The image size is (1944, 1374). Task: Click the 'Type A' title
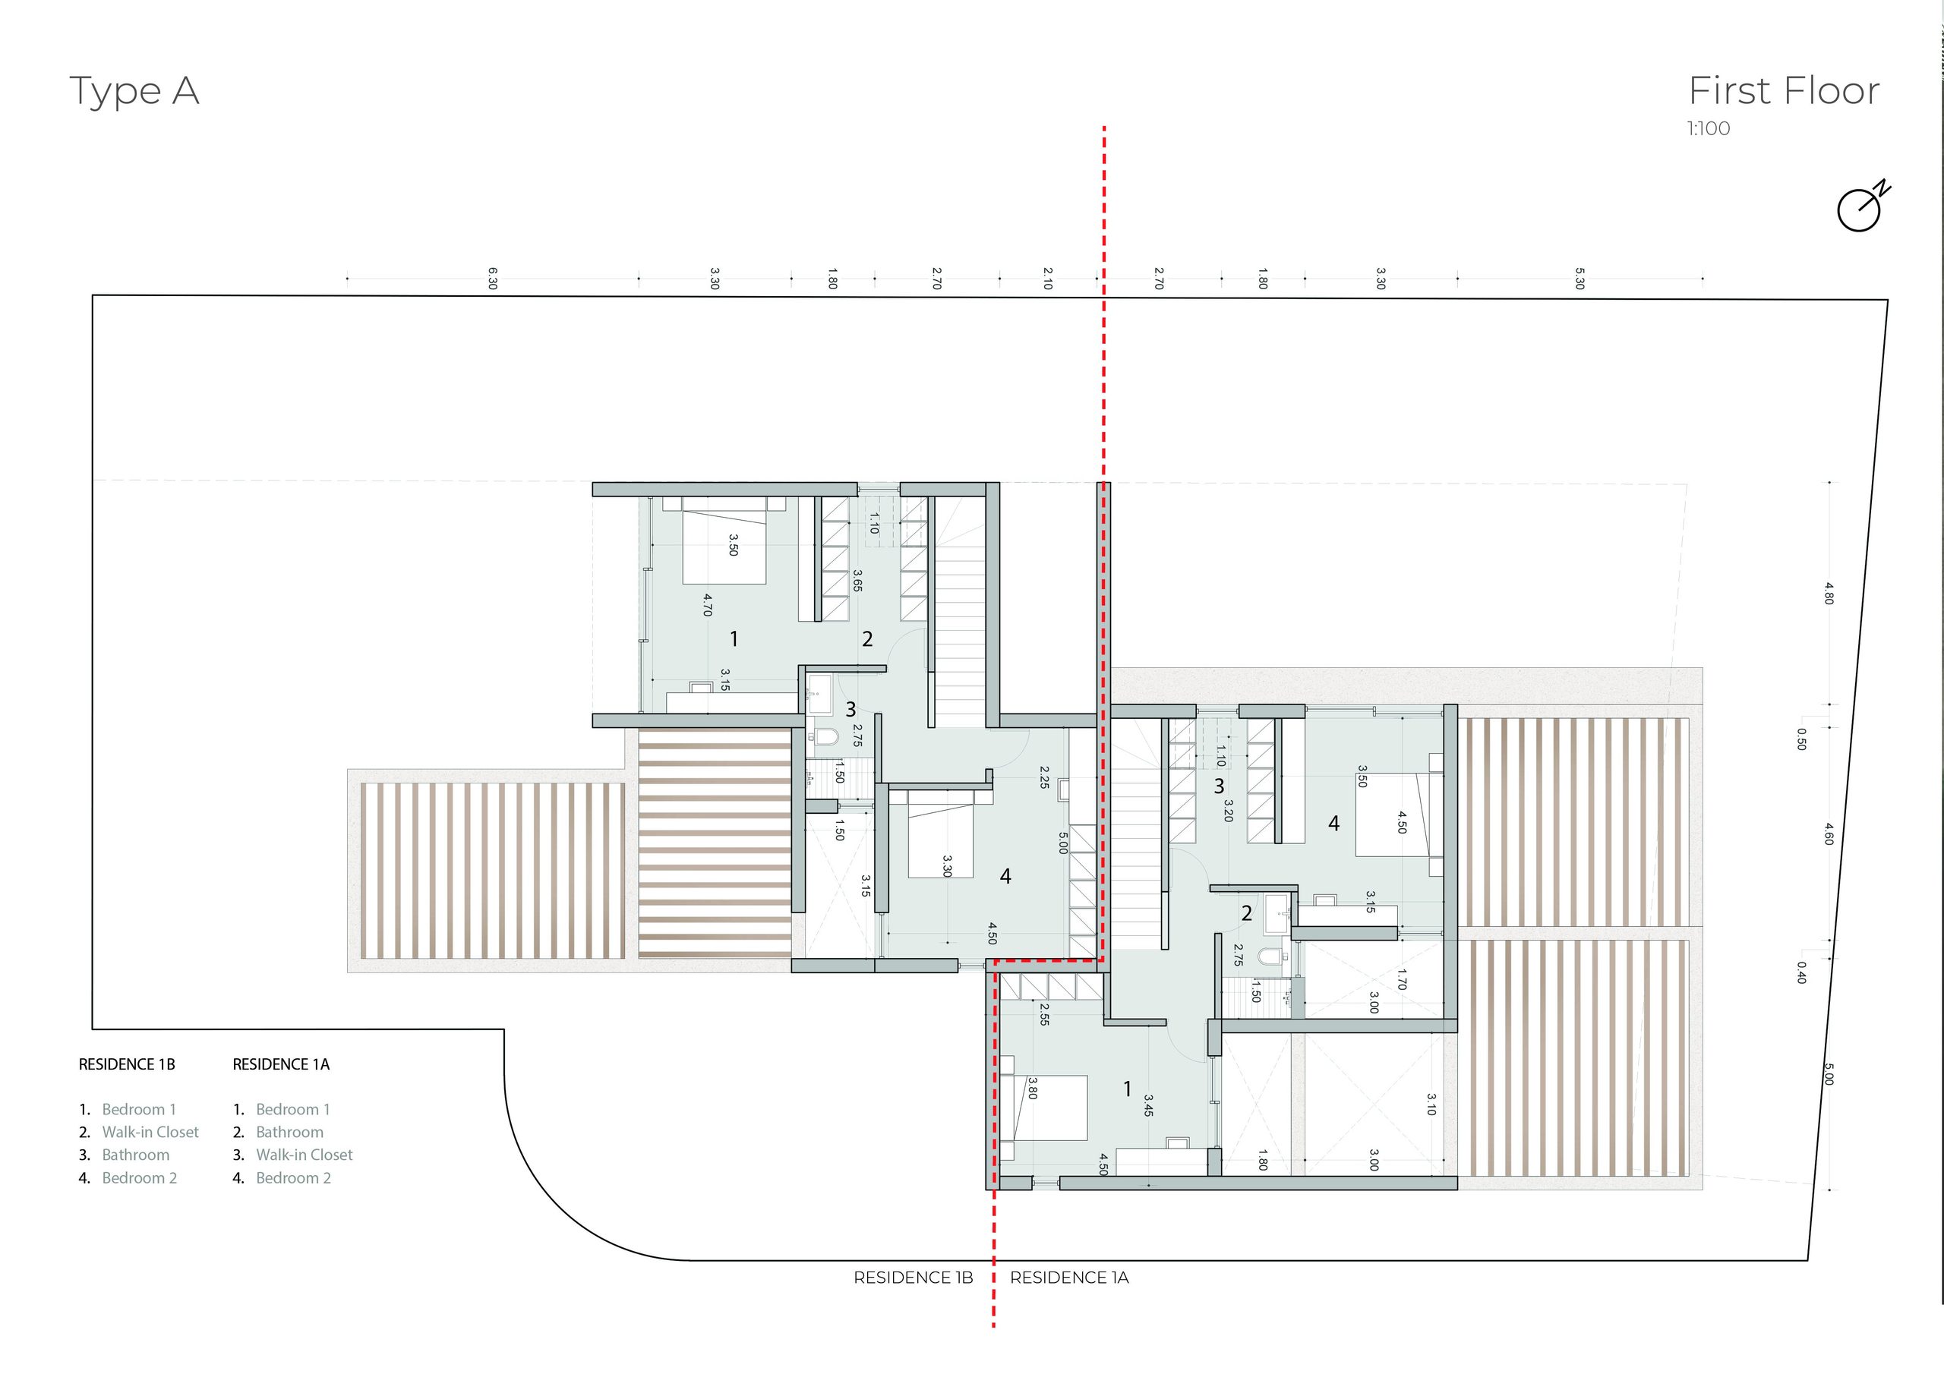pyautogui.click(x=134, y=91)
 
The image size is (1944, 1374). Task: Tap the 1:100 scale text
pyautogui.click(x=1709, y=129)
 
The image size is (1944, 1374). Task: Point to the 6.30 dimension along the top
pyautogui.click(x=493, y=279)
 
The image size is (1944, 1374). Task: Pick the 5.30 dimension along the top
pyautogui.click(x=1579, y=279)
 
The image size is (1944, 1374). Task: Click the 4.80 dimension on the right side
pyautogui.click(x=1829, y=593)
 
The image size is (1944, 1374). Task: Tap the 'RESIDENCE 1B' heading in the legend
pyautogui.click(x=127, y=1065)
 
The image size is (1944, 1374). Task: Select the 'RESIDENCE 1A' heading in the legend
pyautogui.click(x=281, y=1065)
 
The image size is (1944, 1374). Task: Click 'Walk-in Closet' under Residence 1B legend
pyautogui.click(x=150, y=1132)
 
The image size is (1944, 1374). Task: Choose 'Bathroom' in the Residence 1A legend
pyautogui.click(x=289, y=1132)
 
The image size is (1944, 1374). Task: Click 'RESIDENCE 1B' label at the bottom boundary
pyautogui.click(x=914, y=1278)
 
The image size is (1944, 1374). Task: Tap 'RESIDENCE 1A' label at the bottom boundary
pyautogui.click(x=1069, y=1278)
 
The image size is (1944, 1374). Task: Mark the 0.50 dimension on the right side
pyautogui.click(x=1802, y=739)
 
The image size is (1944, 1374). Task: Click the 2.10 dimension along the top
pyautogui.click(x=1048, y=279)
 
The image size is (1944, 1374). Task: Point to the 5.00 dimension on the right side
pyautogui.click(x=1829, y=1074)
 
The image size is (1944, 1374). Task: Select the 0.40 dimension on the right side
pyautogui.click(x=1802, y=972)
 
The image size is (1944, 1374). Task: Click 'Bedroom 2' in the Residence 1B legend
pyautogui.click(x=140, y=1177)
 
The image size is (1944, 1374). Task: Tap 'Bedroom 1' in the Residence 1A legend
pyautogui.click(x=293, y=1109)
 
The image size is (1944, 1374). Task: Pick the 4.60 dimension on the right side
pyautogui.click(x=1829, y=834)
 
